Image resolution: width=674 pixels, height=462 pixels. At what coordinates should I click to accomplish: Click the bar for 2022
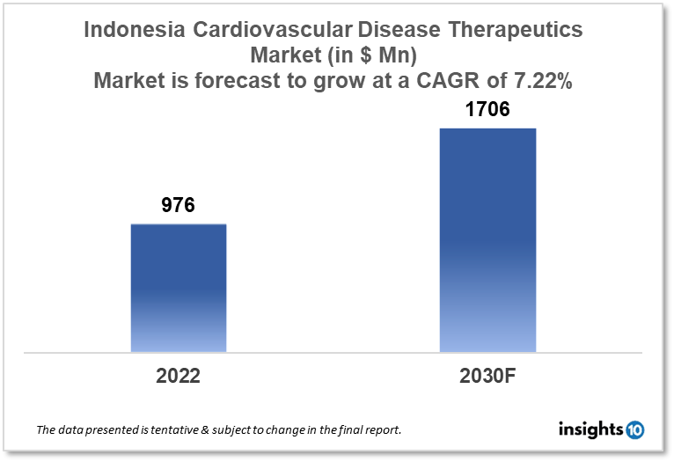click(x=179, y=288)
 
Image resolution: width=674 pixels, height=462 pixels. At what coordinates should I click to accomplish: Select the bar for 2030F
click(x=487, y=240)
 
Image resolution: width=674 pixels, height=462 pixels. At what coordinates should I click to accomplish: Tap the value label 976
click(x=178, y=206)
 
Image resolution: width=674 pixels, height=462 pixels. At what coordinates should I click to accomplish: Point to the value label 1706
click(x=487, y=111)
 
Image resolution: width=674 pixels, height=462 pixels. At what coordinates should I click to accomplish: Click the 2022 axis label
click(x=179, y=376)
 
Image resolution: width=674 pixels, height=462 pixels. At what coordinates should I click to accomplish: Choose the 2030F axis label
click(x=487, y=376)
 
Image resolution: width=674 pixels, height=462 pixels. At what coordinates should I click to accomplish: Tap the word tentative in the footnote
click(x=172, y=431)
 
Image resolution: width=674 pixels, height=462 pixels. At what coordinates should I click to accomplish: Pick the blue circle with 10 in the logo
click(x=635, y=430)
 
